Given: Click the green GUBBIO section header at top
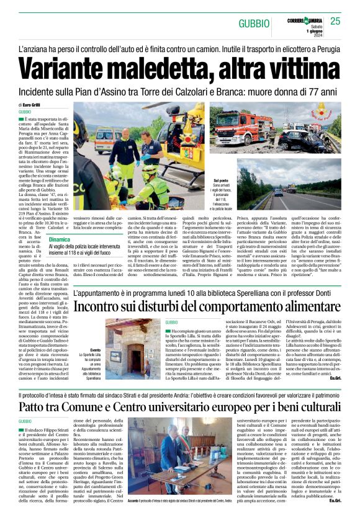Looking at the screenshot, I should pos(254,23).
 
